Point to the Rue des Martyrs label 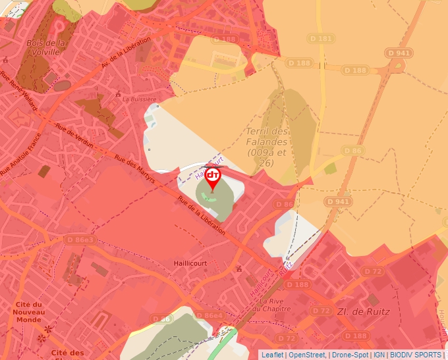click(134, 168)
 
